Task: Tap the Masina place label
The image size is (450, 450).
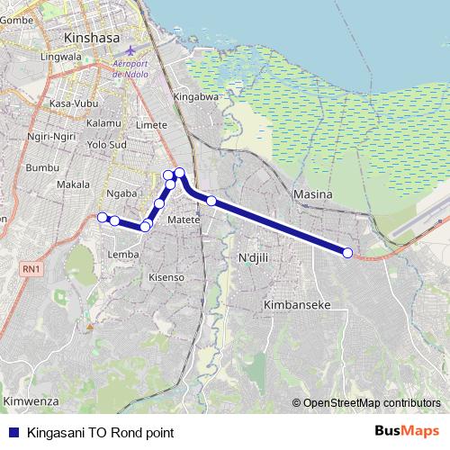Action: (x=312, y=194)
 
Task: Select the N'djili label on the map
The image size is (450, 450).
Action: (x=254, y=259)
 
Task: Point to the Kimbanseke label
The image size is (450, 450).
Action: (x=297, y=305)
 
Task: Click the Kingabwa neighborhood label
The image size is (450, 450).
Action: (x=196, y=96)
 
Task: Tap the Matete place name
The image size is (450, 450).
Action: (x=183, y=219)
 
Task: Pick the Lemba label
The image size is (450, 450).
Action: (x=123, y=255)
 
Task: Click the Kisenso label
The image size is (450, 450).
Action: (x=166, y=277)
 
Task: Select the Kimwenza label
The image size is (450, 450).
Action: (x=31, y=400)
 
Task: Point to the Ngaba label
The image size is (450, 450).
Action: (x=121, y=193)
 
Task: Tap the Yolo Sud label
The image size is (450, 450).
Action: (x=106, y=144)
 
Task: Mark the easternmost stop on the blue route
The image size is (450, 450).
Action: (x=347, y=253)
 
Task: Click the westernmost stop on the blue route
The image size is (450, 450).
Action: (x=103, y=217)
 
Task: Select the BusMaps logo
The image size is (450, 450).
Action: (x=408, y=431)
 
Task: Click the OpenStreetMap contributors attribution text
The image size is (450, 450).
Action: (x=371, y=403)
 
